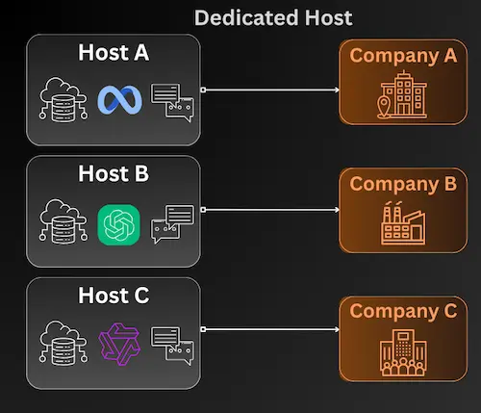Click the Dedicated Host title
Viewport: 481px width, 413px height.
(x=273, y=17)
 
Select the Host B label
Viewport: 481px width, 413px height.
(x=114, y=174)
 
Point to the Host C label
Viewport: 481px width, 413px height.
(x=114, y=296)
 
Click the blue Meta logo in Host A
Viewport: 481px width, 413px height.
(x=119, y=99)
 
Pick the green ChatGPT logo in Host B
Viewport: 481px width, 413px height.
(x=119, y=225)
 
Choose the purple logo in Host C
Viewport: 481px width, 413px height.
(x=119, y=343)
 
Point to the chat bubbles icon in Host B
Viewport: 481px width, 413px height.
(x=172, y=223)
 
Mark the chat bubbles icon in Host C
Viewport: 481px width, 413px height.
(x=172, y=345)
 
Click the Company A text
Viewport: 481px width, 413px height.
(x=402, y=56)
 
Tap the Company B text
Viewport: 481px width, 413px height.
(x=402, y=183)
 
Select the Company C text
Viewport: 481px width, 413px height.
(x=402, y=312)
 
